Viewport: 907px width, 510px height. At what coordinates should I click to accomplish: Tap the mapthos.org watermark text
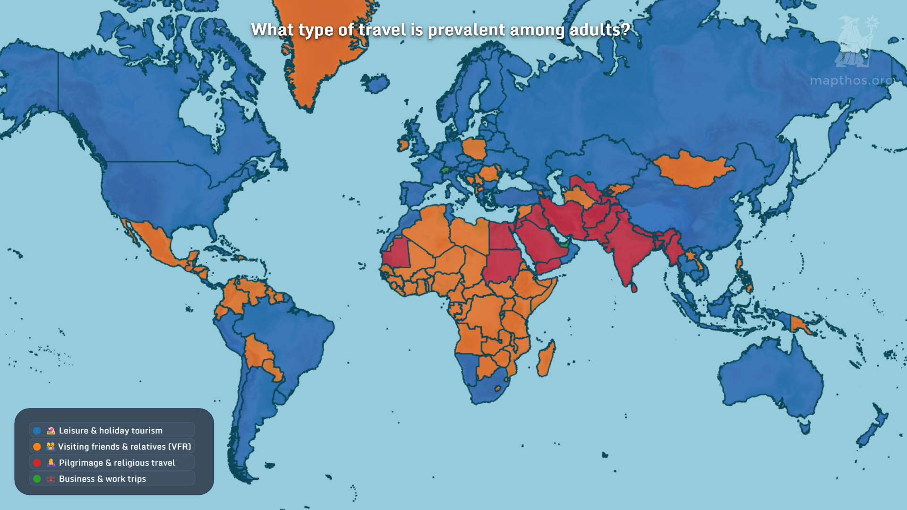coord(851,81)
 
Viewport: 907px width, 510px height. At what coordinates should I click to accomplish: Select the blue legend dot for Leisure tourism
coord(37,431)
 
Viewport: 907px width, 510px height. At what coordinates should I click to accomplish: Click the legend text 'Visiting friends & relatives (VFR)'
coord(124,447)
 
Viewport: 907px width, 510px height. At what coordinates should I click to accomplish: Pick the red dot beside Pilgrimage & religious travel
coord(37,463)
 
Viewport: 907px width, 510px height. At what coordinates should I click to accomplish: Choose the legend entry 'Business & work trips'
coord(102,479)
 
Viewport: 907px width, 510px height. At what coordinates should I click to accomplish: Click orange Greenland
coord(321,47)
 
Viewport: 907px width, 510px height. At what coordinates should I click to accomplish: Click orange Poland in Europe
coord(475,149)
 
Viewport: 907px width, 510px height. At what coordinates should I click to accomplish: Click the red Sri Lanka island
coord(633,287)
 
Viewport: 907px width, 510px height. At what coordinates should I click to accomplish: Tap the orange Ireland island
coord(402,144)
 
